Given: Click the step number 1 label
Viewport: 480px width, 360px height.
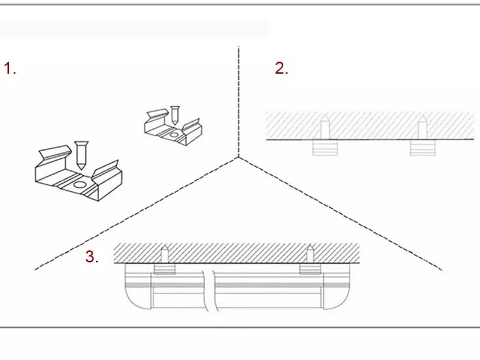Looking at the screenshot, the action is (x=10, y=68).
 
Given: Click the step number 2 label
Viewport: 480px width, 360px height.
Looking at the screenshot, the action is (x=281, y=68).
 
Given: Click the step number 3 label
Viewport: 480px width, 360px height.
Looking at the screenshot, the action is (x=92, y=257).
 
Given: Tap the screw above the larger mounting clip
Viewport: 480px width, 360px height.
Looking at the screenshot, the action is (x=81, y=155).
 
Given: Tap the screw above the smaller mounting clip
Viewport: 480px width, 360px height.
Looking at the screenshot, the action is (x=175, y=115).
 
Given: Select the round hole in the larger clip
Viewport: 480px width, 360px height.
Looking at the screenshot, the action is (x=80, y=185).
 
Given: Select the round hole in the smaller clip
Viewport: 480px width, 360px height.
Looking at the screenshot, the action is (x=173, y=134).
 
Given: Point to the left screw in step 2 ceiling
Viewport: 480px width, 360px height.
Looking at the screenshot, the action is (x=325, y=127).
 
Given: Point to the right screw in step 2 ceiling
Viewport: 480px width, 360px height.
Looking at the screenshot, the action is (x=422, y=127).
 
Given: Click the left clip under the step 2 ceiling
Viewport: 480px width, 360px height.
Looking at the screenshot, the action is (x=325, y=148).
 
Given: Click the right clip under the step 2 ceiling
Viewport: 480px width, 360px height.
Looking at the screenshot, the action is (x=422, y=148).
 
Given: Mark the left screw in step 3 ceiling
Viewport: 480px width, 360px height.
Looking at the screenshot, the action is (x=164, y=254).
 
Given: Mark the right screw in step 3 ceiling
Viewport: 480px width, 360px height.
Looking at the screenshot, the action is (x=310, y=254).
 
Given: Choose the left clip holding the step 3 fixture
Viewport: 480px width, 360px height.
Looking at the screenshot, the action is (x=164, y=269).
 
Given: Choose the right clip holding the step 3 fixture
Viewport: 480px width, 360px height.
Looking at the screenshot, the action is (x=310, y=269).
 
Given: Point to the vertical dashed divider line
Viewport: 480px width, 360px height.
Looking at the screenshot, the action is (x=238, y=101).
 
